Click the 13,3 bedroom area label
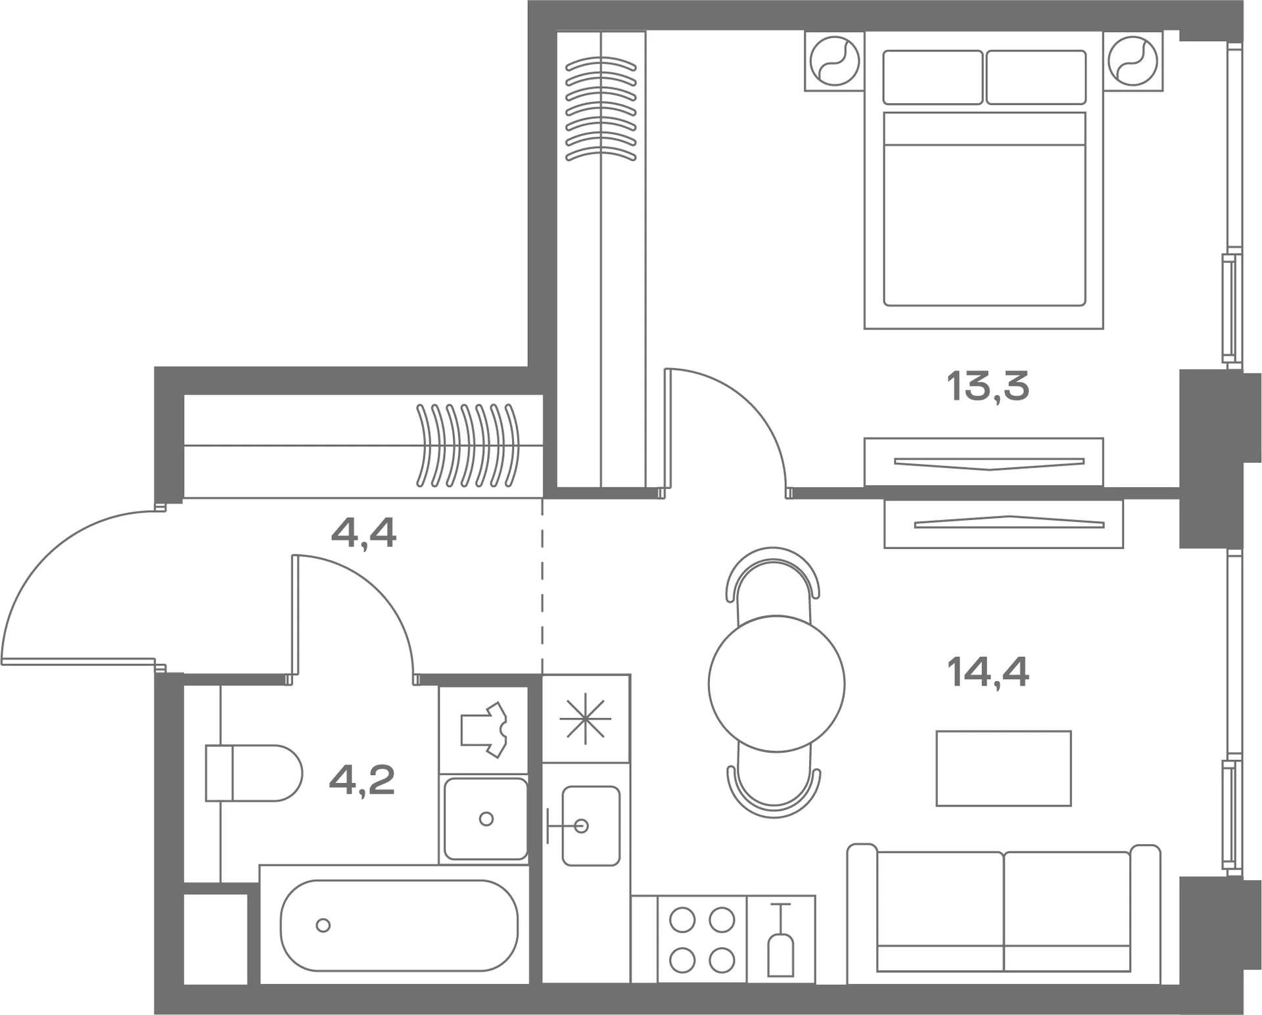click(987, 386)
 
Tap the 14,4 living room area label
click(987, 672)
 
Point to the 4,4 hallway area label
click(363, 533)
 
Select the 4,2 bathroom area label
click(362, 780)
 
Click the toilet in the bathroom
click(254, 773)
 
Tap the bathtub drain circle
click(323, 925)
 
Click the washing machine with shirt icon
click(484, 730)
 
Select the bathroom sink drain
click(486, 818)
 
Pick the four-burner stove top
click(702, 940)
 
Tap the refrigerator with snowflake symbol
click(586, 719)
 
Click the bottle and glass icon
click(781, 940)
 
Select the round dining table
click(776, 683)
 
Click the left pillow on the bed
click(933, 78)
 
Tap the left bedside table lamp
click(835, 61)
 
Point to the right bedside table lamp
click(1133, 61)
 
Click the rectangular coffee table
click(1004, 768)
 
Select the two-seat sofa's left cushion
click(941, 911)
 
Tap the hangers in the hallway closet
click(468, 445)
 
